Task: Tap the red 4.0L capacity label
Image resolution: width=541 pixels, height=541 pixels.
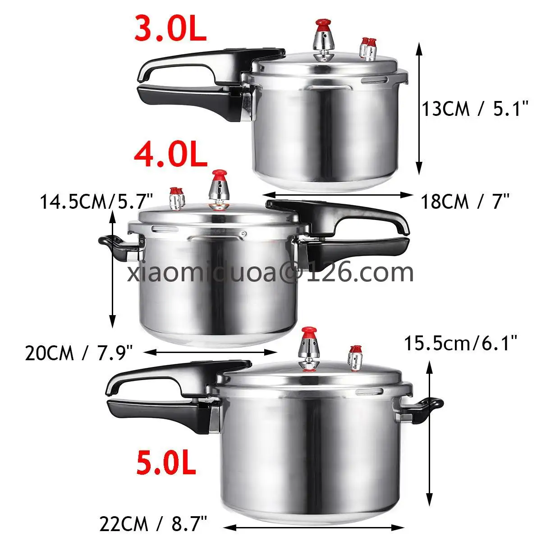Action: coord(171,155)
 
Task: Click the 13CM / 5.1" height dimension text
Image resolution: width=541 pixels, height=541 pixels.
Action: coord(475,109)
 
